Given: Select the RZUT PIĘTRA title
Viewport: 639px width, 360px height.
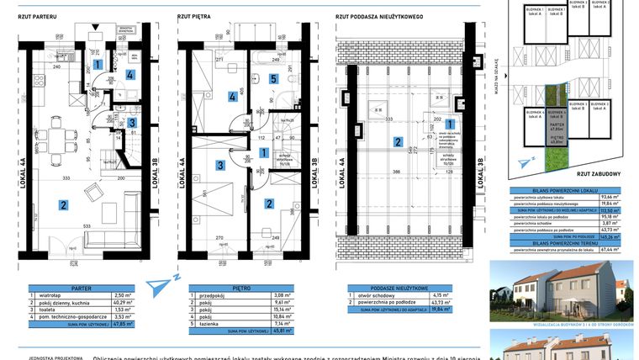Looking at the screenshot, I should (194, 15).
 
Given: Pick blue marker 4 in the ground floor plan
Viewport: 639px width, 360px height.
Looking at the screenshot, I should (129, 74).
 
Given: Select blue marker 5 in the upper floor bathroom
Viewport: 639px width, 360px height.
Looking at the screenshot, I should (273, 79).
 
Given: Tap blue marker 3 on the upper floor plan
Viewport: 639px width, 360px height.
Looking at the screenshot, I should (219, 165).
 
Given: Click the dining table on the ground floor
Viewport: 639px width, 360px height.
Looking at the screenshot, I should (58, 142).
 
